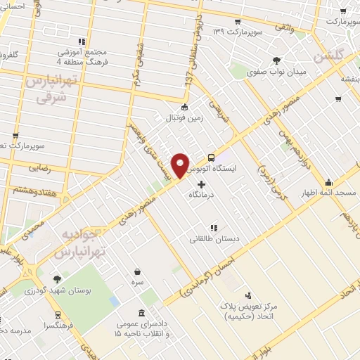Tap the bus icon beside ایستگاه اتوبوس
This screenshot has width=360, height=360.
212,158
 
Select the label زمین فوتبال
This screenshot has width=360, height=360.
184,118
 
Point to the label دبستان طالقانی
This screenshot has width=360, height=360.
214,239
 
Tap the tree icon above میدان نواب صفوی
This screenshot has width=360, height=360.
276,60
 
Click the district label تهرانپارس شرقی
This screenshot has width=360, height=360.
49,90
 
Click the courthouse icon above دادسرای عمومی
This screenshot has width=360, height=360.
142,313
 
